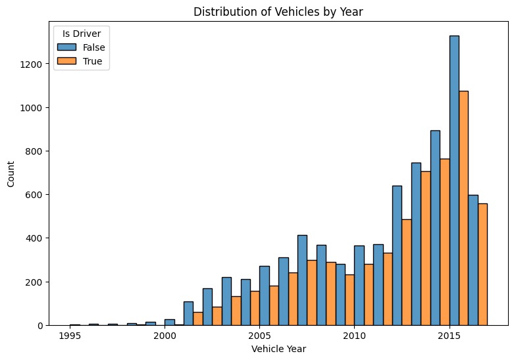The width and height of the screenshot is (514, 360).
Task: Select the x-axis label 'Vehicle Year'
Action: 280,349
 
